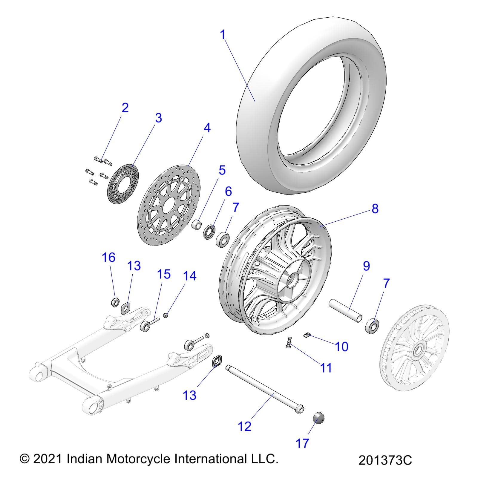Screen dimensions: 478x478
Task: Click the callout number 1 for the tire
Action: pyautogui.click(x=223, y=35)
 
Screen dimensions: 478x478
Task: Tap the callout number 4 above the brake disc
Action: pyautogui.click(x=207, y=128)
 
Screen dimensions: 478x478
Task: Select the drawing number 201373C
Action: pyautogui.click(x=385, y=460)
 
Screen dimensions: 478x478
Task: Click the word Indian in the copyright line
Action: pyautogui.click(x=85, y=459)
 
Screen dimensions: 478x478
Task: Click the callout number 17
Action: pyautogui.click(x=302, y=443)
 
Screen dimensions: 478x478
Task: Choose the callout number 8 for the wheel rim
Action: pyautogui.click(x=375, y=208)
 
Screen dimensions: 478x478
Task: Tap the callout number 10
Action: pyautogui.click(x=342, y=347)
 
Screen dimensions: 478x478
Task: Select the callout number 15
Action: pyautogui.click(x=164, y=274)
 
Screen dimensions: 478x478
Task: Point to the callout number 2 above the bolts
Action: pyautogui.click(x=125, y=108)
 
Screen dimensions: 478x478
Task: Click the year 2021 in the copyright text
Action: pyautogui.click(x=48, y=459)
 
